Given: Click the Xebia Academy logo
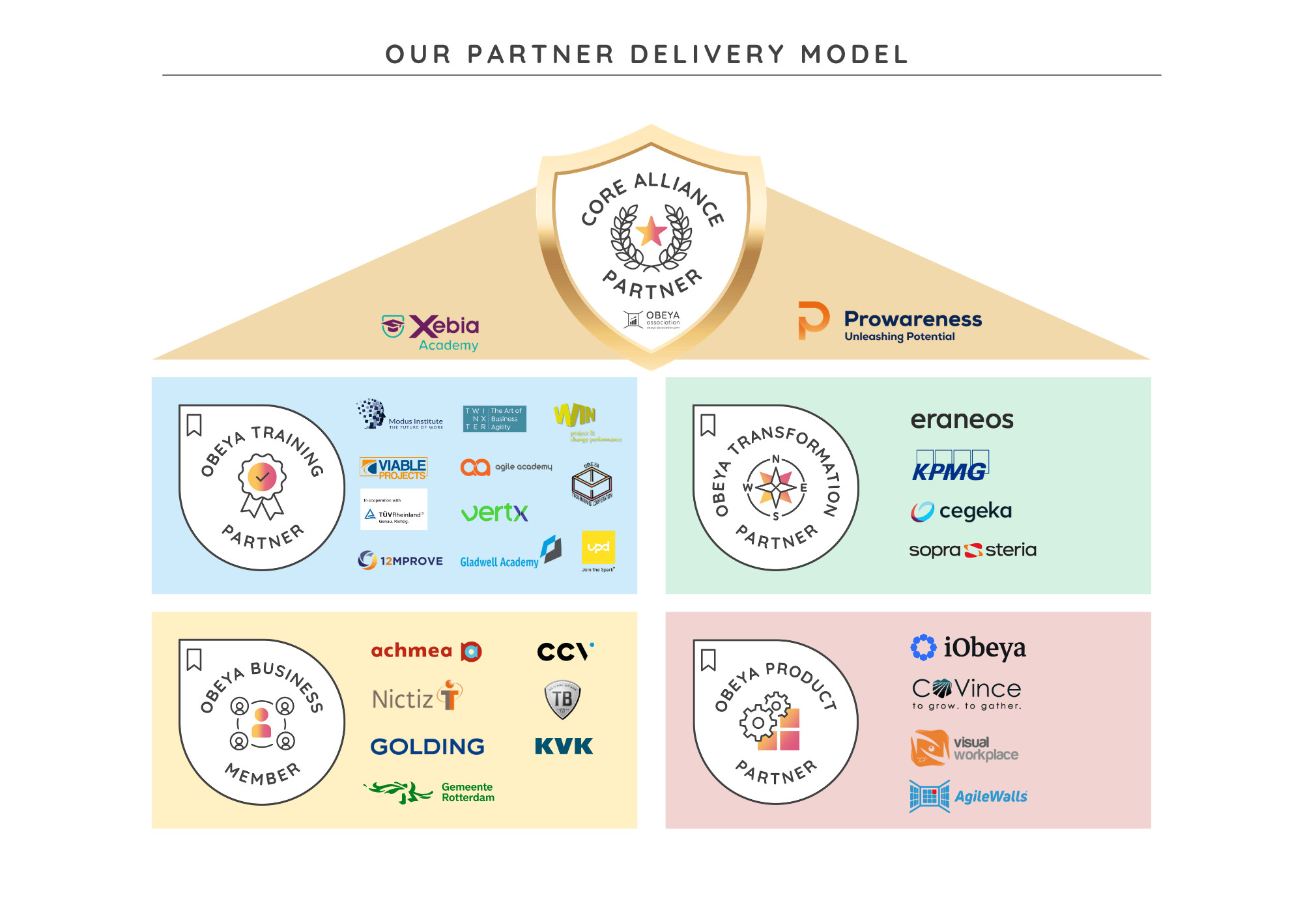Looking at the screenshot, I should tap(431, 332).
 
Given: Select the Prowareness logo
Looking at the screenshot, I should tap(890, 322).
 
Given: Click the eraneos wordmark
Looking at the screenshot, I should tap(962, 420).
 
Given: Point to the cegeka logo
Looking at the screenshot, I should tap(962, 511).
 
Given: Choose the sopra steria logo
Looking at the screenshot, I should tap(972, 550).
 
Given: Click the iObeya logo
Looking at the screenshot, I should tap(968, 648).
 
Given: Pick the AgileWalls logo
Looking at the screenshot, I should tap(968, 796).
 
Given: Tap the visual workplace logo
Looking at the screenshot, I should tap(964, 748).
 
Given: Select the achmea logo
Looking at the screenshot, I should tap(426, 651).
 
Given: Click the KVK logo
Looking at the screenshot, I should tap(564, 746).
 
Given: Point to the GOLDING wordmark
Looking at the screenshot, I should tap(427, 746).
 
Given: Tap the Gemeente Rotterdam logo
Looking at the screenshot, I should tap(430, 792).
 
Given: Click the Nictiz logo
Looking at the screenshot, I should tap(417, 697).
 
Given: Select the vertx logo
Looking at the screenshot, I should tap(494, 513).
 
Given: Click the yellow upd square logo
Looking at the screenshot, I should tap(598, 548).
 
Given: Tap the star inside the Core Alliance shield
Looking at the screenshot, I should tap(651, 231).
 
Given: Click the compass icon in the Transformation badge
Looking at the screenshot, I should tap(776, 488).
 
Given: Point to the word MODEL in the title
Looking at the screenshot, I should tap(855, 55).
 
